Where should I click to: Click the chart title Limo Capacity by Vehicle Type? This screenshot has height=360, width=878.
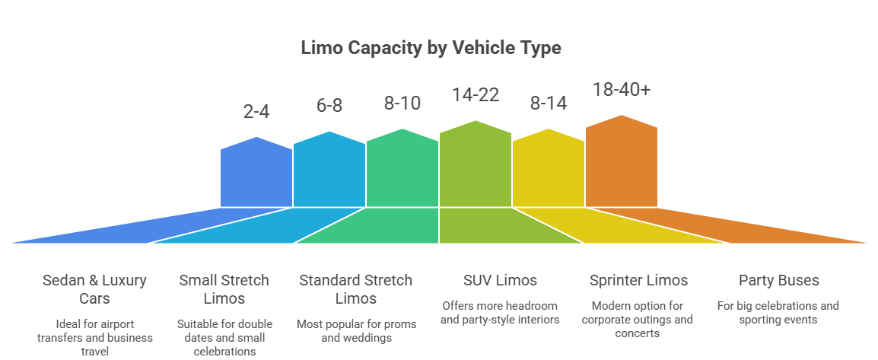[431, 48]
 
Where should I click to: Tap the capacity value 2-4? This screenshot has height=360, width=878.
[256, 112]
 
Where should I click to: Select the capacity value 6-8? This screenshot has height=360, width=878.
[329, 106]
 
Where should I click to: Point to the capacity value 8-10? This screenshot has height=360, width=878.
[402, 103]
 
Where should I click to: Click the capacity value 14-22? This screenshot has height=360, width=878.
[475, 95]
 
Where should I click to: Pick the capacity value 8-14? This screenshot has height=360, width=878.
[548, 103]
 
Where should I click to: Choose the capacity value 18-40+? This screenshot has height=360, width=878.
[622, 90]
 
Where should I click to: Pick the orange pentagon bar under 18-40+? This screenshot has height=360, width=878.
[622, 164]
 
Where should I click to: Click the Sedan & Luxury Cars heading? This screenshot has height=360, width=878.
[94, 288]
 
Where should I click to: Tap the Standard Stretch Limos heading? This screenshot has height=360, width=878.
[356, 288]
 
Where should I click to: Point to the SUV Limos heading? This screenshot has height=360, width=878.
[499, 280]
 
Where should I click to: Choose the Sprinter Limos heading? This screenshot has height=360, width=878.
[638, 280]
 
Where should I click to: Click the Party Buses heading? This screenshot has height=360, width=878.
[778, 280]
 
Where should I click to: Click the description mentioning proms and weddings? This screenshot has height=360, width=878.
[356, 331]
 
